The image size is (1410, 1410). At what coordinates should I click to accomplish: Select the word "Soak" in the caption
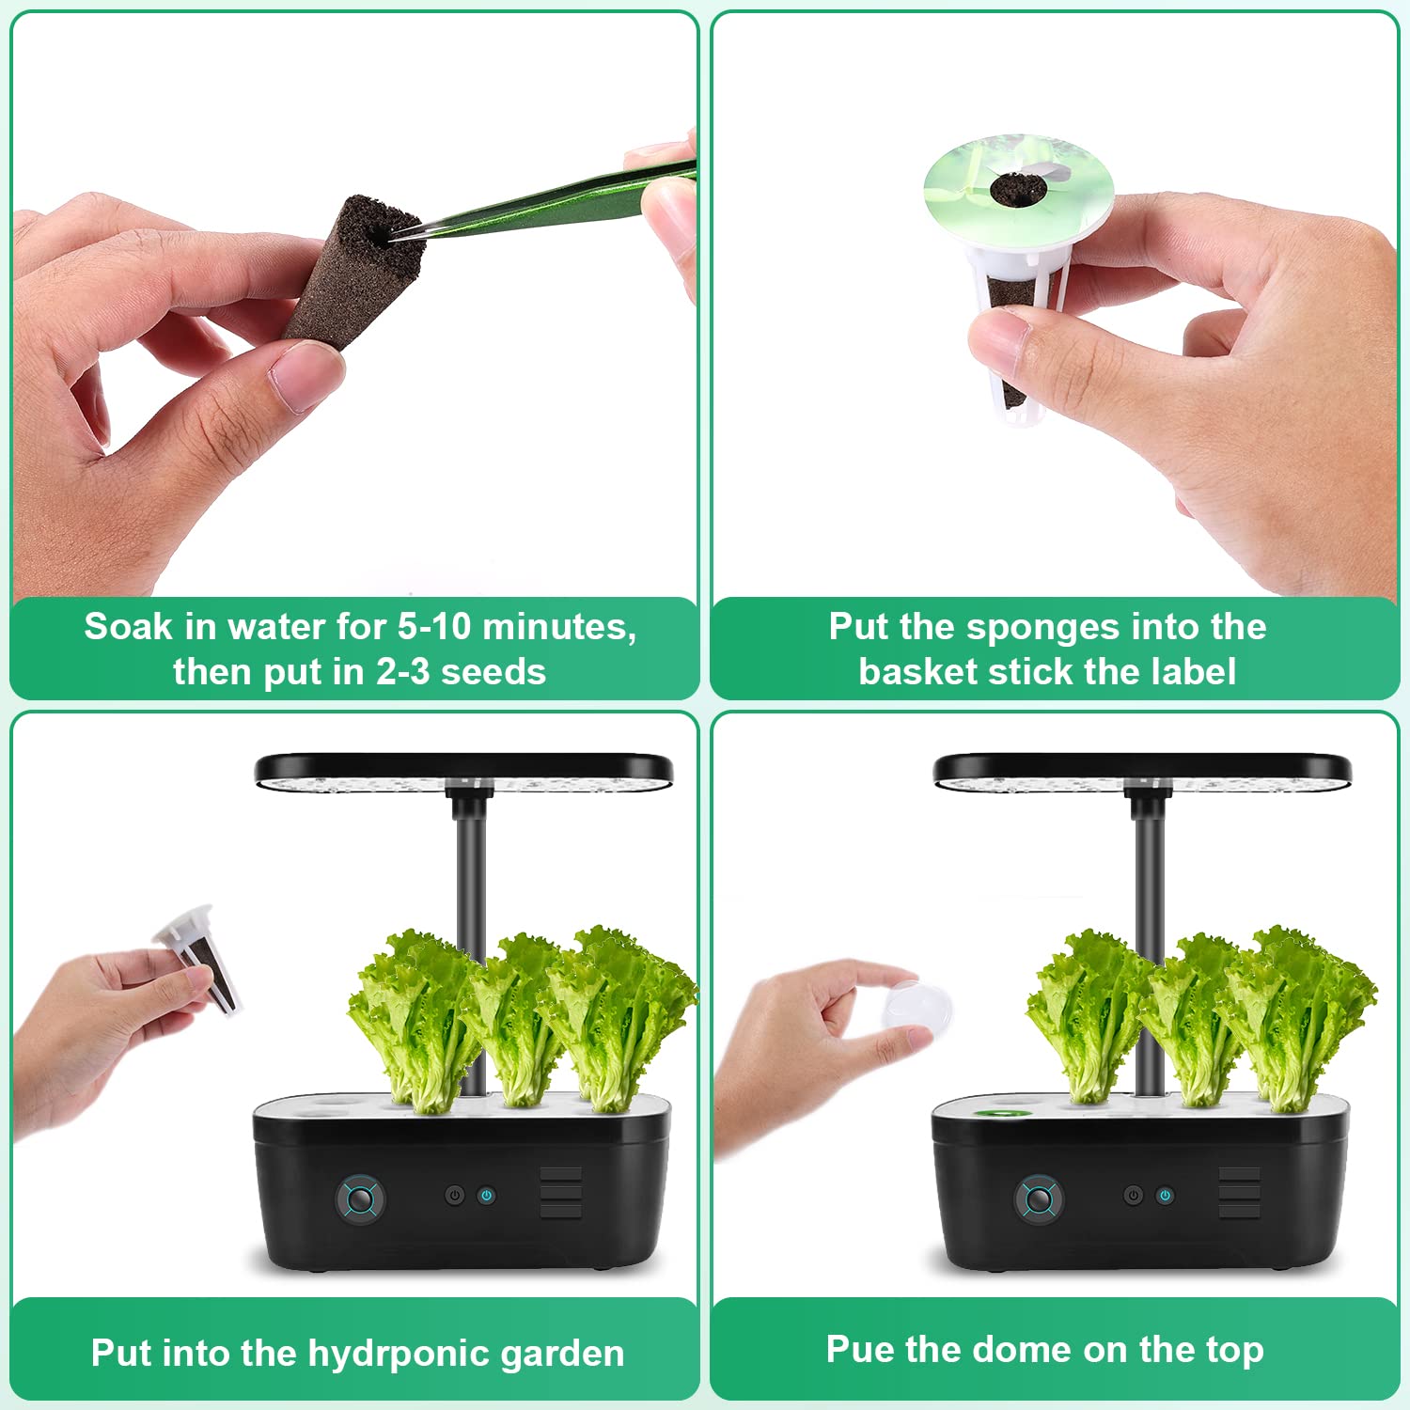coord(129,626)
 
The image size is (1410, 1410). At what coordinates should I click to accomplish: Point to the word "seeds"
coord(493,672)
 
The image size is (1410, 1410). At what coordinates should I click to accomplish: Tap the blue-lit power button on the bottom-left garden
coord(486,1196)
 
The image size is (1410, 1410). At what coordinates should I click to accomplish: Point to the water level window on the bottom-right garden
coord(1239,1193)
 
